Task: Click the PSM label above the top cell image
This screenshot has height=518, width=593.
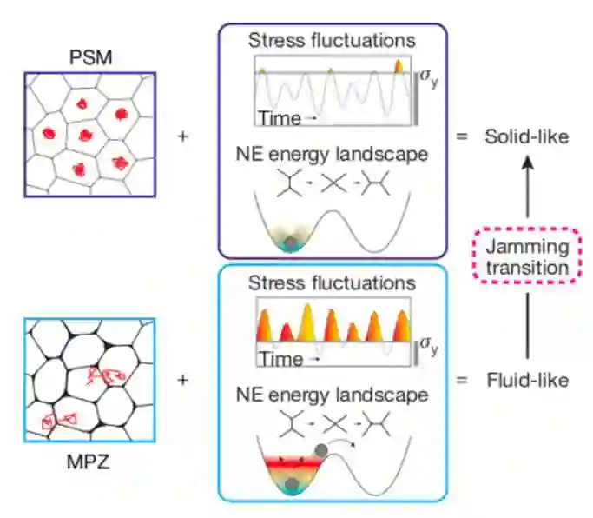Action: pos(89,60)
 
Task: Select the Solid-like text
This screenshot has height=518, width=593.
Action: pos(527,137)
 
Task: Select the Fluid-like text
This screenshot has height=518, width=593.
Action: pos(527,380)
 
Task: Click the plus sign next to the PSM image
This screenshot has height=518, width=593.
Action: pos(183,137)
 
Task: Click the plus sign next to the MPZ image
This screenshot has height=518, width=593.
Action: pos(183,380)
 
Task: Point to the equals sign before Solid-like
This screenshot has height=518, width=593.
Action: pos(462,137)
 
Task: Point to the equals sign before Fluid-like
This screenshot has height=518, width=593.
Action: pos(462,380)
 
